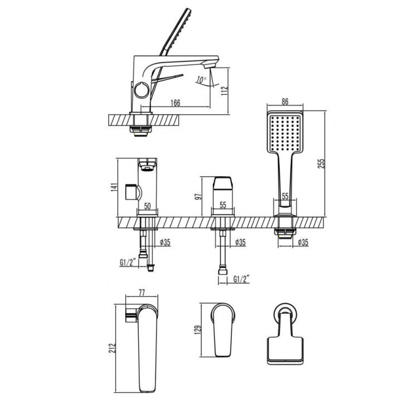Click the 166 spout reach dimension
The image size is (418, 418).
pyautogui.click(x=175, y=103)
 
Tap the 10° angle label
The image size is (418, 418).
pyautogui.click(x=201, y=80)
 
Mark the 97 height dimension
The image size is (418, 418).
pyautogui.click(x=205, y=196)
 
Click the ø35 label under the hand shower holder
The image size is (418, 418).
pyautogui.click(x=304, y=242)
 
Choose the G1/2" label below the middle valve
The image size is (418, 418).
pyautogui.click(x=241, y=279)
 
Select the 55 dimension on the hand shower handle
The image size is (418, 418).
pyautogui.click(x=285, y=196)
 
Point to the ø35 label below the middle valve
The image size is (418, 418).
pyautogui.click(x=241, y=242)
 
